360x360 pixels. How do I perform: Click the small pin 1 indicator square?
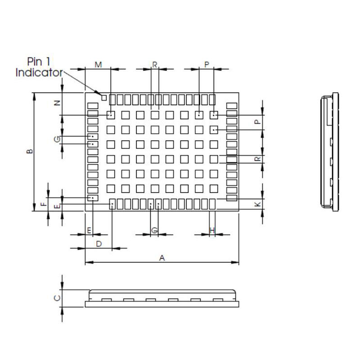pos(104,98)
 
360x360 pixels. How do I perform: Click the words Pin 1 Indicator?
pos(39,67)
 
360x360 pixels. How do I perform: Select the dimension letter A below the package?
pos(162,258)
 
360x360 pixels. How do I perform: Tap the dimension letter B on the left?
pos(30,151)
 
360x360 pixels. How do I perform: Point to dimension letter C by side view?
pos(57,298)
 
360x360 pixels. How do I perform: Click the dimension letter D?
pos(99,244)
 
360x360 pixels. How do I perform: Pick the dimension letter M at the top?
pos(98,65)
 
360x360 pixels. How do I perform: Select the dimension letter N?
pos(57,103)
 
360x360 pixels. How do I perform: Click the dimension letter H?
pos(212,230)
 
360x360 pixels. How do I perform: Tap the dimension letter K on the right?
pos(258,204)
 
